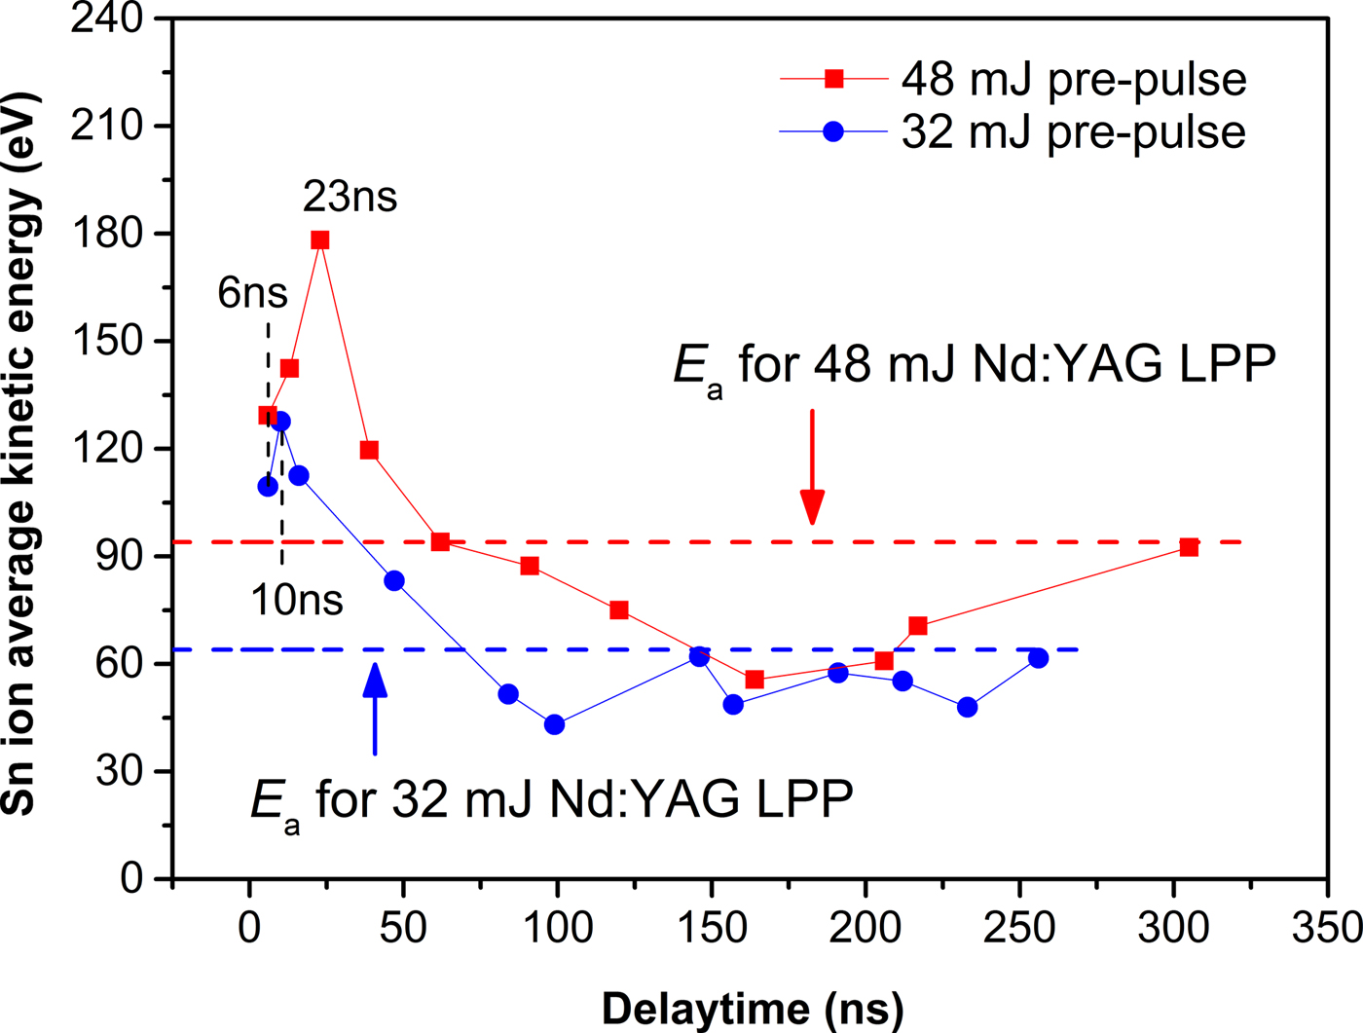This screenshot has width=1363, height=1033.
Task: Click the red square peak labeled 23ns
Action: [320, 240]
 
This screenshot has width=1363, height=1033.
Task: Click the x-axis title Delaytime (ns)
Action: [752, 1010]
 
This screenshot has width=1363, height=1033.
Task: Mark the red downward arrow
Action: [812, 467]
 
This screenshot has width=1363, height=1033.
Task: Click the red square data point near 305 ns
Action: [1189, 547]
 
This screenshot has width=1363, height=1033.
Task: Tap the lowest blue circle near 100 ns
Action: [555, 724]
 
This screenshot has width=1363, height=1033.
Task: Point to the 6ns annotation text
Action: [252, 293]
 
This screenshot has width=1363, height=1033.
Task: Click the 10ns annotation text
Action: [297, 600]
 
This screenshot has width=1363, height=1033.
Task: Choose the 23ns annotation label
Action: [350, 198]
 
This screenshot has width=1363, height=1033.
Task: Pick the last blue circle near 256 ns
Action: [1038, 658]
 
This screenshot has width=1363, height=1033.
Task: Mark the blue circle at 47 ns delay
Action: [394, 581]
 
